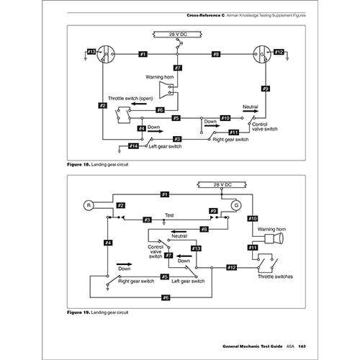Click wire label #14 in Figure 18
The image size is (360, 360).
(134, 146)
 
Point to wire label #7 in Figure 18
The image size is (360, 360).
(178, 68)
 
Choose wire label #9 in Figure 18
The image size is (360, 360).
(265, 89)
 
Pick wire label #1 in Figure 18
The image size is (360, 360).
(143, 54)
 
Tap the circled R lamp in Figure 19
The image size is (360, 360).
(89, 204)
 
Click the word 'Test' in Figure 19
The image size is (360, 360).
(170, 215)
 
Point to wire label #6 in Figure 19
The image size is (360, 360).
(166, 297)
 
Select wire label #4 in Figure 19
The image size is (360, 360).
(108, 243)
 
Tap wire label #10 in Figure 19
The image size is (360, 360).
(253, 218)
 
